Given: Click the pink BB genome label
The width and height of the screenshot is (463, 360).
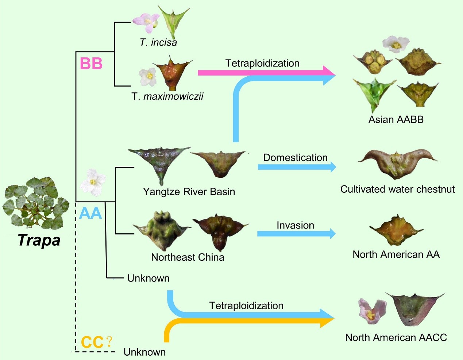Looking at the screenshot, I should [91, 64].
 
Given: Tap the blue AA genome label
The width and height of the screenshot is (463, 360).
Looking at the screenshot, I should [90, 213].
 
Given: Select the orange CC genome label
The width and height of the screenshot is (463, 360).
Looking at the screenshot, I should [92, 342].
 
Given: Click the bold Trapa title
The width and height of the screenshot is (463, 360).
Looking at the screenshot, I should [39, 240].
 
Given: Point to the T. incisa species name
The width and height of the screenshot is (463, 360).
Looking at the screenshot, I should [158, 42].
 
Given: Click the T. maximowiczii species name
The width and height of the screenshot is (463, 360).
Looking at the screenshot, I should [167, 96].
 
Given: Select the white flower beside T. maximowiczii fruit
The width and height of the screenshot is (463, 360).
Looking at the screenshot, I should [148, 76].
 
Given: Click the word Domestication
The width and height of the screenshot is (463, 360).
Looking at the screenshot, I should [295, 158].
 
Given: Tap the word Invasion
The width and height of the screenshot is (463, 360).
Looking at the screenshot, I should [295, 225].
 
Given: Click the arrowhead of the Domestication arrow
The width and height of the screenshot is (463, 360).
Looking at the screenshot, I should [332, 167].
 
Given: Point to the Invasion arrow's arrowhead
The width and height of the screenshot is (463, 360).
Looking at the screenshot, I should [332, 234].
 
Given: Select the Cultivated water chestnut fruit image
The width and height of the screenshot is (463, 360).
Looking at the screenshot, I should [397, 164].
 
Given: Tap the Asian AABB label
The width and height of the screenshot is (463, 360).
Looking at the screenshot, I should [396, 120].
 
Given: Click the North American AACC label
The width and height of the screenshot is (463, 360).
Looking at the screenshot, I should [396, 337].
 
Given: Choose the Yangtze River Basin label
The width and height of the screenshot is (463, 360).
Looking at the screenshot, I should [189, 192].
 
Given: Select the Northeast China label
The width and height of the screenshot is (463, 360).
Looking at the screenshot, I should [188, 257].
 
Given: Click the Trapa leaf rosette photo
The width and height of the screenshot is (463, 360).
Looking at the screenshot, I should [35, 203].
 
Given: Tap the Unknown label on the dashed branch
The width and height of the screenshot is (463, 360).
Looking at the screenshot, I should [144, 352].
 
